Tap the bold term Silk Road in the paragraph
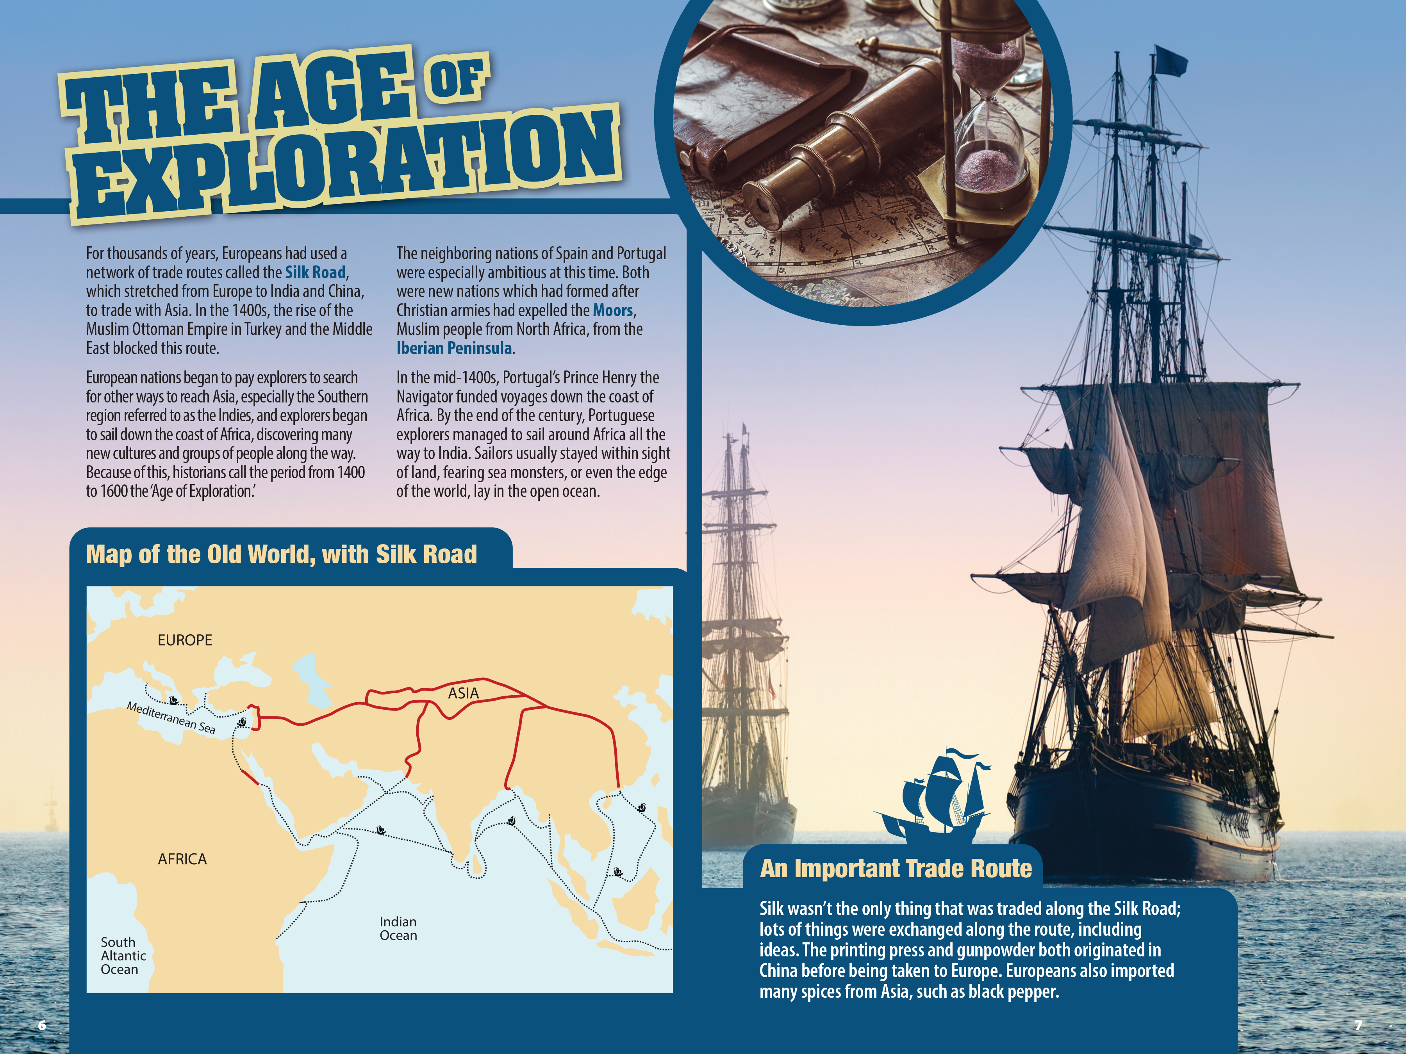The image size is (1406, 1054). (315, 272)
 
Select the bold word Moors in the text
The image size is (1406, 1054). (613, 311)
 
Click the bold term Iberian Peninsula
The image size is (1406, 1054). (454, 348)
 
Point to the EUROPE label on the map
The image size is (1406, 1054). (185, 641)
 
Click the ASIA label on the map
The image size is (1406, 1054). (463, 693)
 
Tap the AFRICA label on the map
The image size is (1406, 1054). (182, 859)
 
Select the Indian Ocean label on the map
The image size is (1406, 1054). (398, 928)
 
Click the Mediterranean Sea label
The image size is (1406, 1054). (170, 717)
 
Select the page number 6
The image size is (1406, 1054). (42, 1025)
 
